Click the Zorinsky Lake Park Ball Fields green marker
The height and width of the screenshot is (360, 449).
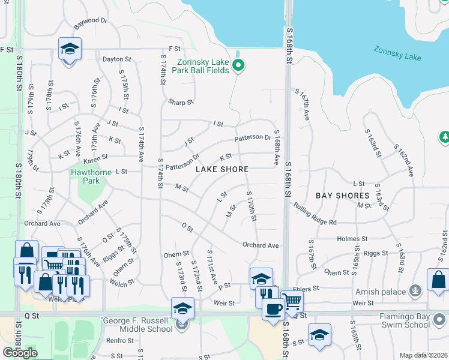click(238, 66)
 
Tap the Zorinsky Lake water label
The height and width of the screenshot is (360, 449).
click(397, 54)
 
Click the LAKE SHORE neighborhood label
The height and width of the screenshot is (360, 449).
click(221, 169)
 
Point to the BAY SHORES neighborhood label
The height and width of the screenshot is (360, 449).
click(343, 196)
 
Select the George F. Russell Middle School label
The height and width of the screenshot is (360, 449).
click(134, 324)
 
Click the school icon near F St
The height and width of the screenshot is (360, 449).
click(70, 49)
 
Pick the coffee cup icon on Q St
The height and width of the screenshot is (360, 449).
click(273, 310)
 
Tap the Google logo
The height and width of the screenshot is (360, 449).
click(20, 353)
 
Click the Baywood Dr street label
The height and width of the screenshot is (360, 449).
click(90, 21)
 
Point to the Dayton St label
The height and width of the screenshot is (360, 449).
click(116, 59)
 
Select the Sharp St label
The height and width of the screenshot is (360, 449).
click(181, 103)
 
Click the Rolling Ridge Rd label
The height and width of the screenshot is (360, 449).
click(315, 214)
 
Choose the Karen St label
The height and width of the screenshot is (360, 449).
click(95, 158)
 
